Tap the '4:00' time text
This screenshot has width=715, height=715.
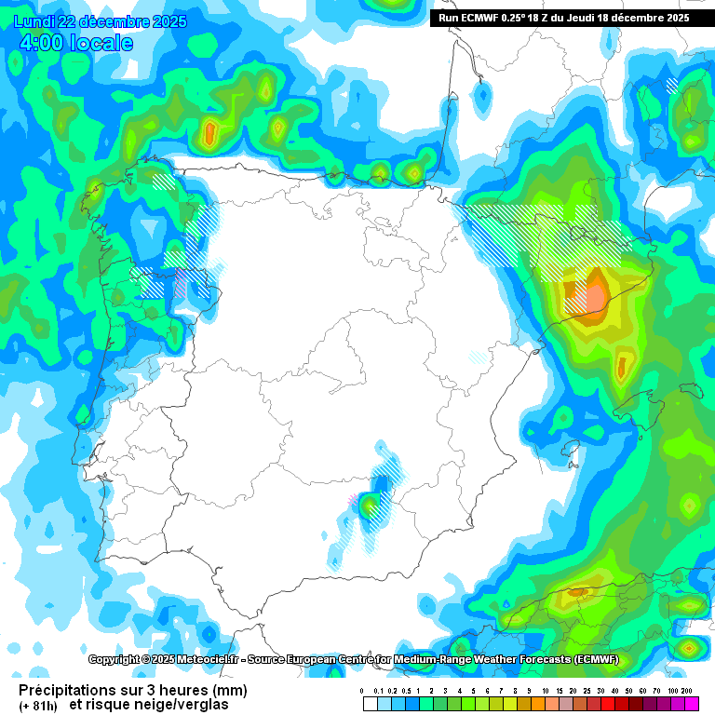point(41,44)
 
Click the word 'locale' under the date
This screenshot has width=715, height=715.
point(101,44)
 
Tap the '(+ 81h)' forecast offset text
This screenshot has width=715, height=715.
point(38,705)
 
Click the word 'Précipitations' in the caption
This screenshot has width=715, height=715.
point(66,690)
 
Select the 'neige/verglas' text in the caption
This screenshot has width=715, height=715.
point(184,705)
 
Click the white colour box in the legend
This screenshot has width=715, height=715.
point(370,704)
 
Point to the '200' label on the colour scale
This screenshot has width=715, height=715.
point(687,691)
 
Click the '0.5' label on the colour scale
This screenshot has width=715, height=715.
point(406,691)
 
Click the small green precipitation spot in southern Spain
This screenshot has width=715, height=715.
point(370,506)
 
